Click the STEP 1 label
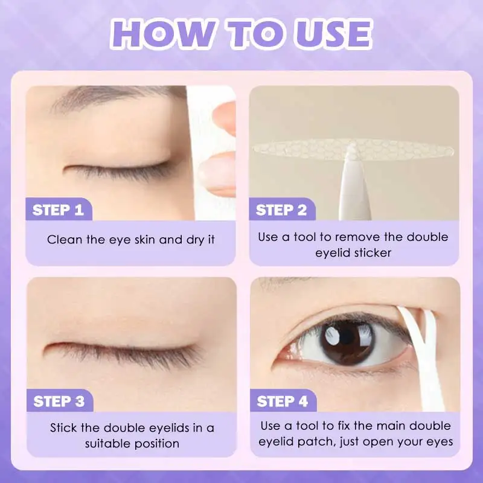click(x=58, y=210)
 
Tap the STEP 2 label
click(x=281, y=210)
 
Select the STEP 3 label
click(x=59, y=401)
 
